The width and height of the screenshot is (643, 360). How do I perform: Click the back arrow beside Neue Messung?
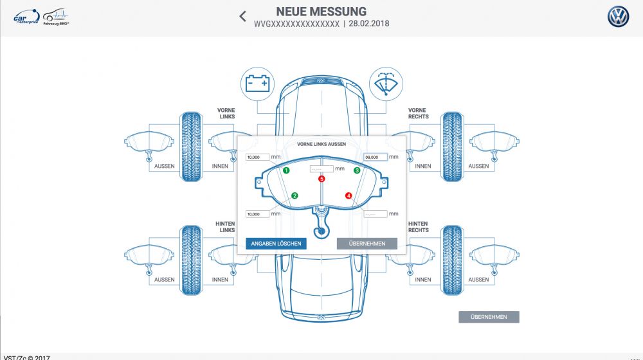[242, 16]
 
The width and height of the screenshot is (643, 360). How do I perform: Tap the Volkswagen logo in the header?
[618, 17]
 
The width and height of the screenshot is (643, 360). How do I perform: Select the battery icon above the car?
[258, 84]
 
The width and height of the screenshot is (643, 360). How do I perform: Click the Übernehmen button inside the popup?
[367, 244]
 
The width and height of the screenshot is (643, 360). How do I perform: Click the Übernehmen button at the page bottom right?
[489, 317]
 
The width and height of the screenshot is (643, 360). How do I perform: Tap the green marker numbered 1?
[286, 170]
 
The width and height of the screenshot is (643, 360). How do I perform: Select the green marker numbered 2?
[294, 195]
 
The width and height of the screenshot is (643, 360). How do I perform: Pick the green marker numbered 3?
[357, 170]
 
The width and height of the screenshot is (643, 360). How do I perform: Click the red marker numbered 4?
[349, 195]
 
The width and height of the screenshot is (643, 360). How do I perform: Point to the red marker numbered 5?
[321, 179]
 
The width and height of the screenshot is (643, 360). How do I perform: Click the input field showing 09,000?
[376, 157]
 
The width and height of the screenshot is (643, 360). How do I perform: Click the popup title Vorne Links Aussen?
[321, 144]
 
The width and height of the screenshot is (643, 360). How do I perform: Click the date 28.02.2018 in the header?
[368, 24]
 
